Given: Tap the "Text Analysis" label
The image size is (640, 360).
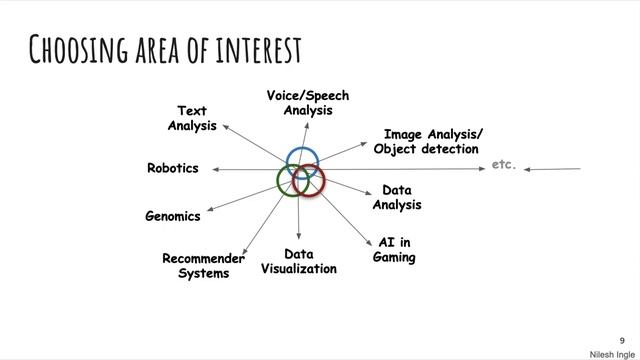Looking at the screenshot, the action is click(192, 118).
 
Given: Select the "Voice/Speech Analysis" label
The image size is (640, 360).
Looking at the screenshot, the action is click(307, 103).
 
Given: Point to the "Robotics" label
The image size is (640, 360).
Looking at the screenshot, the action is click(172, 168).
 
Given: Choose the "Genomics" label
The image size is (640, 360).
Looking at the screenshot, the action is click(172, 215).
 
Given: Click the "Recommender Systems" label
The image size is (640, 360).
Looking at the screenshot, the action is click(203, 265).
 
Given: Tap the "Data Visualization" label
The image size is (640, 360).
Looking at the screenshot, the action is click(299, 261).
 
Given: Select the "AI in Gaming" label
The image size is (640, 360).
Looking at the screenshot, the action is click(394, 250).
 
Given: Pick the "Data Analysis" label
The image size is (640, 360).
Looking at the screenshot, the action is click(397, 197).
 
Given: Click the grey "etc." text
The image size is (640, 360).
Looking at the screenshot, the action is click(504, 164).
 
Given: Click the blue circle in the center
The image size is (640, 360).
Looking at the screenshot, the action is click(302, 161).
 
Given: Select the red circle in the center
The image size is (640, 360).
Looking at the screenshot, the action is click(321, 181).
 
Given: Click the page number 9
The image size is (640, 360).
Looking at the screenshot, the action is click(621, 339).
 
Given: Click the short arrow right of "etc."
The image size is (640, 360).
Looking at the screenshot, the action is click(553, 169).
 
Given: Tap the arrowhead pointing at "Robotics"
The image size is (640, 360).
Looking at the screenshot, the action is click(209, 169).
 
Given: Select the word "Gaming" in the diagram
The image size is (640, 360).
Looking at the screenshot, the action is click(394, 257).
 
